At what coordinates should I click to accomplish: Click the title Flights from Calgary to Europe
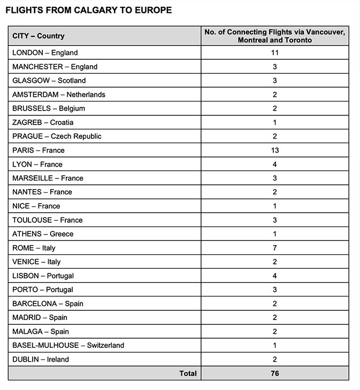(x=88, y=10)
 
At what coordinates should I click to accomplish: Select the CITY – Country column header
(x=39, y=36)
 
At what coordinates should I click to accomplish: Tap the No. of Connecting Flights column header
(x=274, y=36)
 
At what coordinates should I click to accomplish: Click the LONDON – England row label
(x=45, y=53)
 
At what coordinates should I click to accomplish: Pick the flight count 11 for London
(x=274, y=53)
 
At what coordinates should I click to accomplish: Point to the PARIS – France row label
(x=39, y=150)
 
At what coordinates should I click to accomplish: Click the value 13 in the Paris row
(x=274, y=150)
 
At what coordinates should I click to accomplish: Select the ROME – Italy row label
(x=34, y=248)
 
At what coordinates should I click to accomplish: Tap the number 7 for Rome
(x=274, y=248)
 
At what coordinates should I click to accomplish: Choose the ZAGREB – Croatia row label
(x=43, y=122)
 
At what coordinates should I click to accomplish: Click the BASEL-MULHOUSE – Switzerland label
(x=68, y=345)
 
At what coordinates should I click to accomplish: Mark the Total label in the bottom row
(x=188, y=373)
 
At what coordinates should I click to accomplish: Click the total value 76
(x=274, y=373)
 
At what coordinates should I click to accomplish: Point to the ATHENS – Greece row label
(x=43, y=234)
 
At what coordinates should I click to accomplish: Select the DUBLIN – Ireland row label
(x=41, y=360)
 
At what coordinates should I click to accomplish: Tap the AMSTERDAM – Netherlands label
(x=59, y=95)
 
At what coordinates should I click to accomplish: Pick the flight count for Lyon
(x=274, y=164)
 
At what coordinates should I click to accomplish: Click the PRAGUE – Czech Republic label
(x=57, y=136)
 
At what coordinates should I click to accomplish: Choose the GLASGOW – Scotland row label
(x=49, y=81)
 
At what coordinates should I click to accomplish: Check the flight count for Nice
(x=274, y=206)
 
